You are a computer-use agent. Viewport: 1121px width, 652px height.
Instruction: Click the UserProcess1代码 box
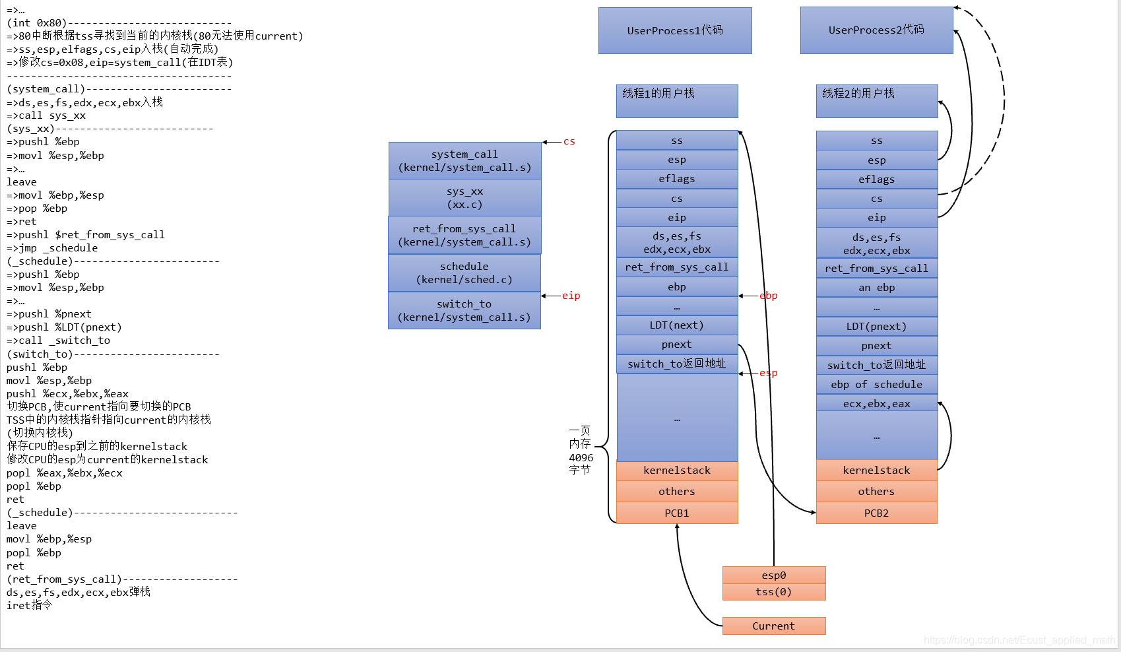point(675,30)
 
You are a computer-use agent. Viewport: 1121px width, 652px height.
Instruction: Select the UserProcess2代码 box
point(876,30)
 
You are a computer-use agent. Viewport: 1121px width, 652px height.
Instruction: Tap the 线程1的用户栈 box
point(677,101)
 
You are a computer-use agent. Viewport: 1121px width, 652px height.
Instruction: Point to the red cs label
point(569,142)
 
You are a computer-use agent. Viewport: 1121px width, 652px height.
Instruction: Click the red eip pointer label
point(571,296)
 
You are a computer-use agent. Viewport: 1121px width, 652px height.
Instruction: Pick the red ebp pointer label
point(769,296)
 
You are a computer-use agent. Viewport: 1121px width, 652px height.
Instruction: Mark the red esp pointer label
point(769,373)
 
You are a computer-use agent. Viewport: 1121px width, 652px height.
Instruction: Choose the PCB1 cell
point(677,513)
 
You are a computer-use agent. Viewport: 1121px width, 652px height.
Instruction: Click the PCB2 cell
point(876,513)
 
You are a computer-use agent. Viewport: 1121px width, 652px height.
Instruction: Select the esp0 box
point(774,575)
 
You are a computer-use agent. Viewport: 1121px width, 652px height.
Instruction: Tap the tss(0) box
point(774,592)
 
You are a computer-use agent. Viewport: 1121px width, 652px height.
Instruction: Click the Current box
point(774,626)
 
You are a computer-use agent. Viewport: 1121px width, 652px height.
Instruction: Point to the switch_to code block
point(464,310)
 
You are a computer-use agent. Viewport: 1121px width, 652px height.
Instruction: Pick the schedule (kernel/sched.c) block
point(464,273)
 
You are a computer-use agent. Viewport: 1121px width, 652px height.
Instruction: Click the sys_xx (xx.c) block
point(464,198)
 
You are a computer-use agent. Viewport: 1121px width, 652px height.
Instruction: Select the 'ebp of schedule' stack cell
point(876,385)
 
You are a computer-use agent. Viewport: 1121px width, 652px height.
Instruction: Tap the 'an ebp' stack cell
point(876,288)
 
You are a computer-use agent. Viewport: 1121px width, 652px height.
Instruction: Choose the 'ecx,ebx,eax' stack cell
point(876,404)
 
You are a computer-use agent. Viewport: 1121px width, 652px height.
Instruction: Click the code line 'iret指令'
point(30,605)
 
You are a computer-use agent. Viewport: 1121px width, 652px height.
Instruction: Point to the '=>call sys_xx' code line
point(46,115)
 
